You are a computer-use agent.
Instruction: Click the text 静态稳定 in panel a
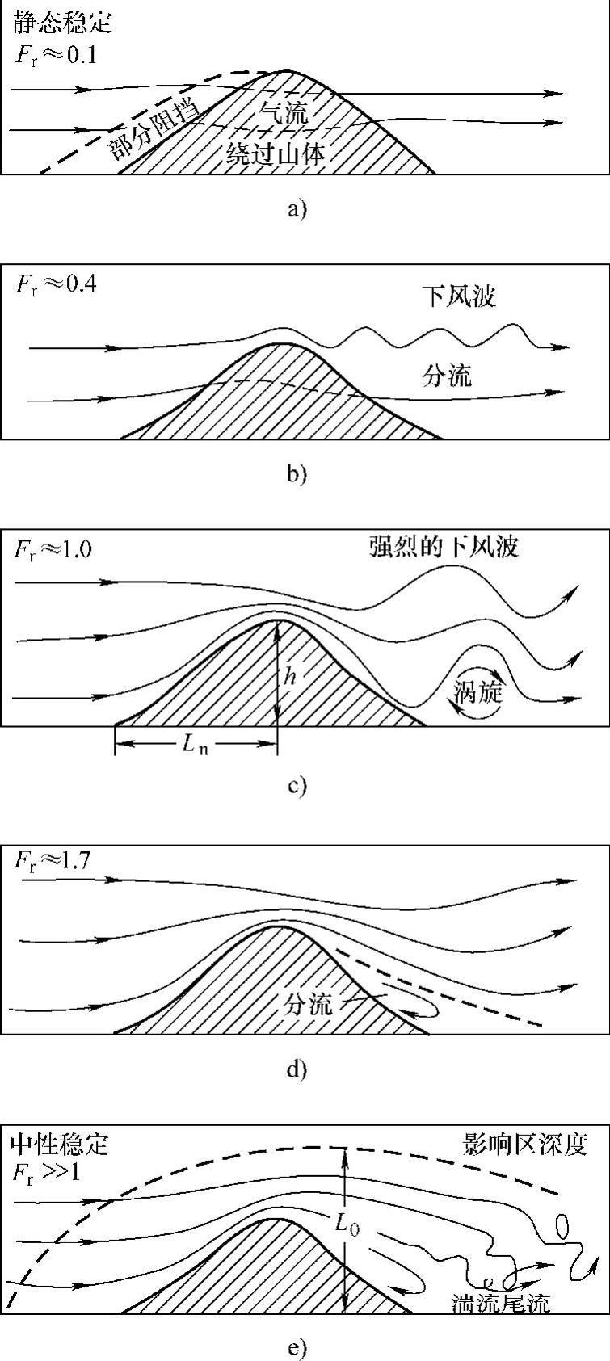[61, 22]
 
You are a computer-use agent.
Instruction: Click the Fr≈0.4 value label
[57, 285]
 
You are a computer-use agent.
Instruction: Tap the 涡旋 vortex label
[478, 692]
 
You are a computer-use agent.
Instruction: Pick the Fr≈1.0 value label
[53, 550]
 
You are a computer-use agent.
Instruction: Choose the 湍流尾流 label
[501, 1302]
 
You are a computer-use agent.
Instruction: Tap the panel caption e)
[297, 1347]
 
